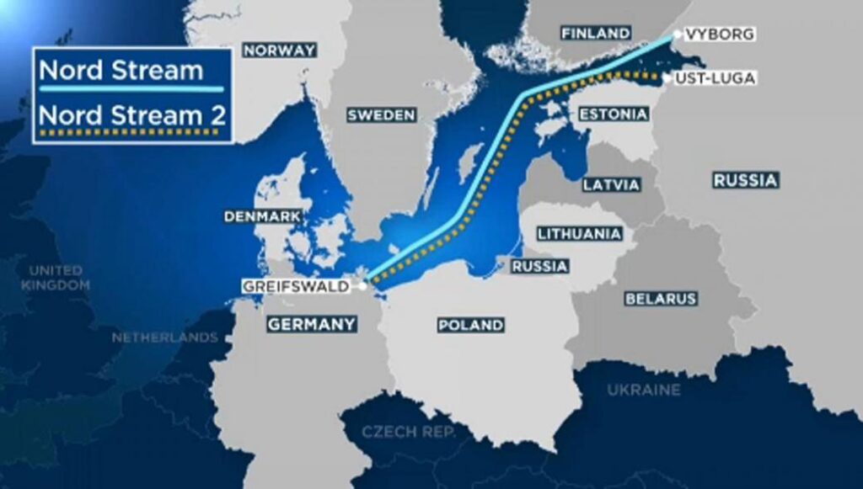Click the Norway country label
click(x=279, y=50)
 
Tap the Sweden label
click(x=382, y=115)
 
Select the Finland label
click(x=596, y=33)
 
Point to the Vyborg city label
click(x=718, y=34)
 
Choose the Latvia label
click(x=611, y=184)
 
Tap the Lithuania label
click(x=581, y=233)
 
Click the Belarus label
click(x=661, y=299)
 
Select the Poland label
click(x=470, y=325)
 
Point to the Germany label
click(x=312, y=324)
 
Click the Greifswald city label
click(x=295, y=286)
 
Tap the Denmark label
click(x=262, y=217)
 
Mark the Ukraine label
click(x=643, y=390)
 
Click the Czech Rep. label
click(x=408, y=432)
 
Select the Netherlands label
click(x=165, y=338)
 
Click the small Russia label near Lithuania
click(x=539, y=267)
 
